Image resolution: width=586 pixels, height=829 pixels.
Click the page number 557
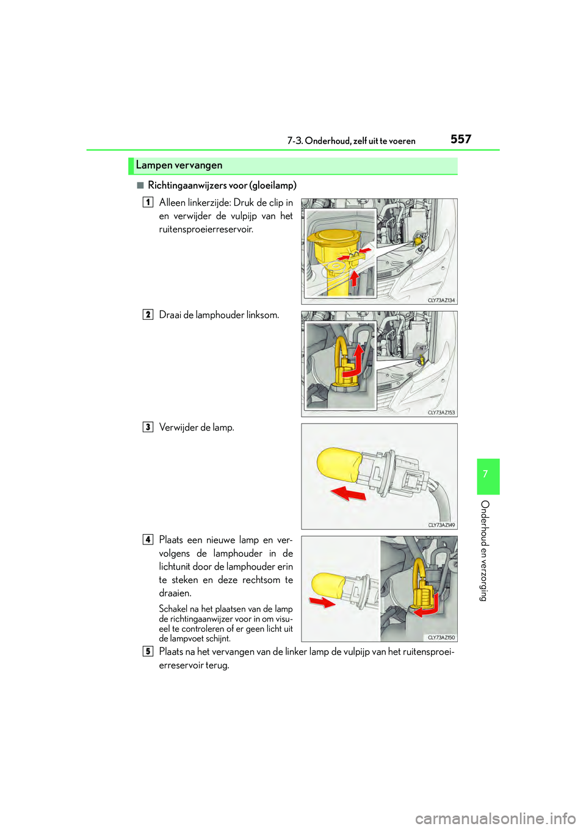[x=461, y=139]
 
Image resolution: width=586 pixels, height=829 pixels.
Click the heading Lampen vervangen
[x=179, y=165]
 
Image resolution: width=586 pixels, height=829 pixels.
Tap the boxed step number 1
[x=148, y=202]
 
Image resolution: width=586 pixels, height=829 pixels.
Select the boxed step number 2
[x=148, y=314]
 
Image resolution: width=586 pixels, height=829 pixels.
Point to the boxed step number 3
[x=148, y=427]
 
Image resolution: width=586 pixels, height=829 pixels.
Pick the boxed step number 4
[x=148, y=539]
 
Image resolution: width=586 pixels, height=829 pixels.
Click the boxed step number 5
[x=148, y=651]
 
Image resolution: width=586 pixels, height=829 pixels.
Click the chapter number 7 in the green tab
[x=485, y=474]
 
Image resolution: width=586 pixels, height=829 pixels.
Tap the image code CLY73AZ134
[x=441, y=300]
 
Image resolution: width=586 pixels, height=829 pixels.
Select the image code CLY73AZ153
[x=441, y=413]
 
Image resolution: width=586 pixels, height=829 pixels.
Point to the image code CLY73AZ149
[x=441, y=525]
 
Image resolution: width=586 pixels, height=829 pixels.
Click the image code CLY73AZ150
[x=441, y=637]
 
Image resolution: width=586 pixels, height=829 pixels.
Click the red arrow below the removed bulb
[x=348, y=493]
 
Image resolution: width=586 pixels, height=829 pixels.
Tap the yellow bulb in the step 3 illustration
[x=339, y=466]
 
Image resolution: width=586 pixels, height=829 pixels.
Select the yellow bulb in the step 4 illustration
[x=328, y=584]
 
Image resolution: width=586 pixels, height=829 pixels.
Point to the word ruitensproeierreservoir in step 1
[x=206, y=230]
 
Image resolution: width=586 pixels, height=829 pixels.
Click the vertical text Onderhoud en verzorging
[x=485, y=550]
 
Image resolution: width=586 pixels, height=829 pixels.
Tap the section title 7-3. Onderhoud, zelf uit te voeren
[x=351, y=141]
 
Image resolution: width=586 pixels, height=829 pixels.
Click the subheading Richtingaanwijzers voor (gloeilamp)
[x=222, y=186]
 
